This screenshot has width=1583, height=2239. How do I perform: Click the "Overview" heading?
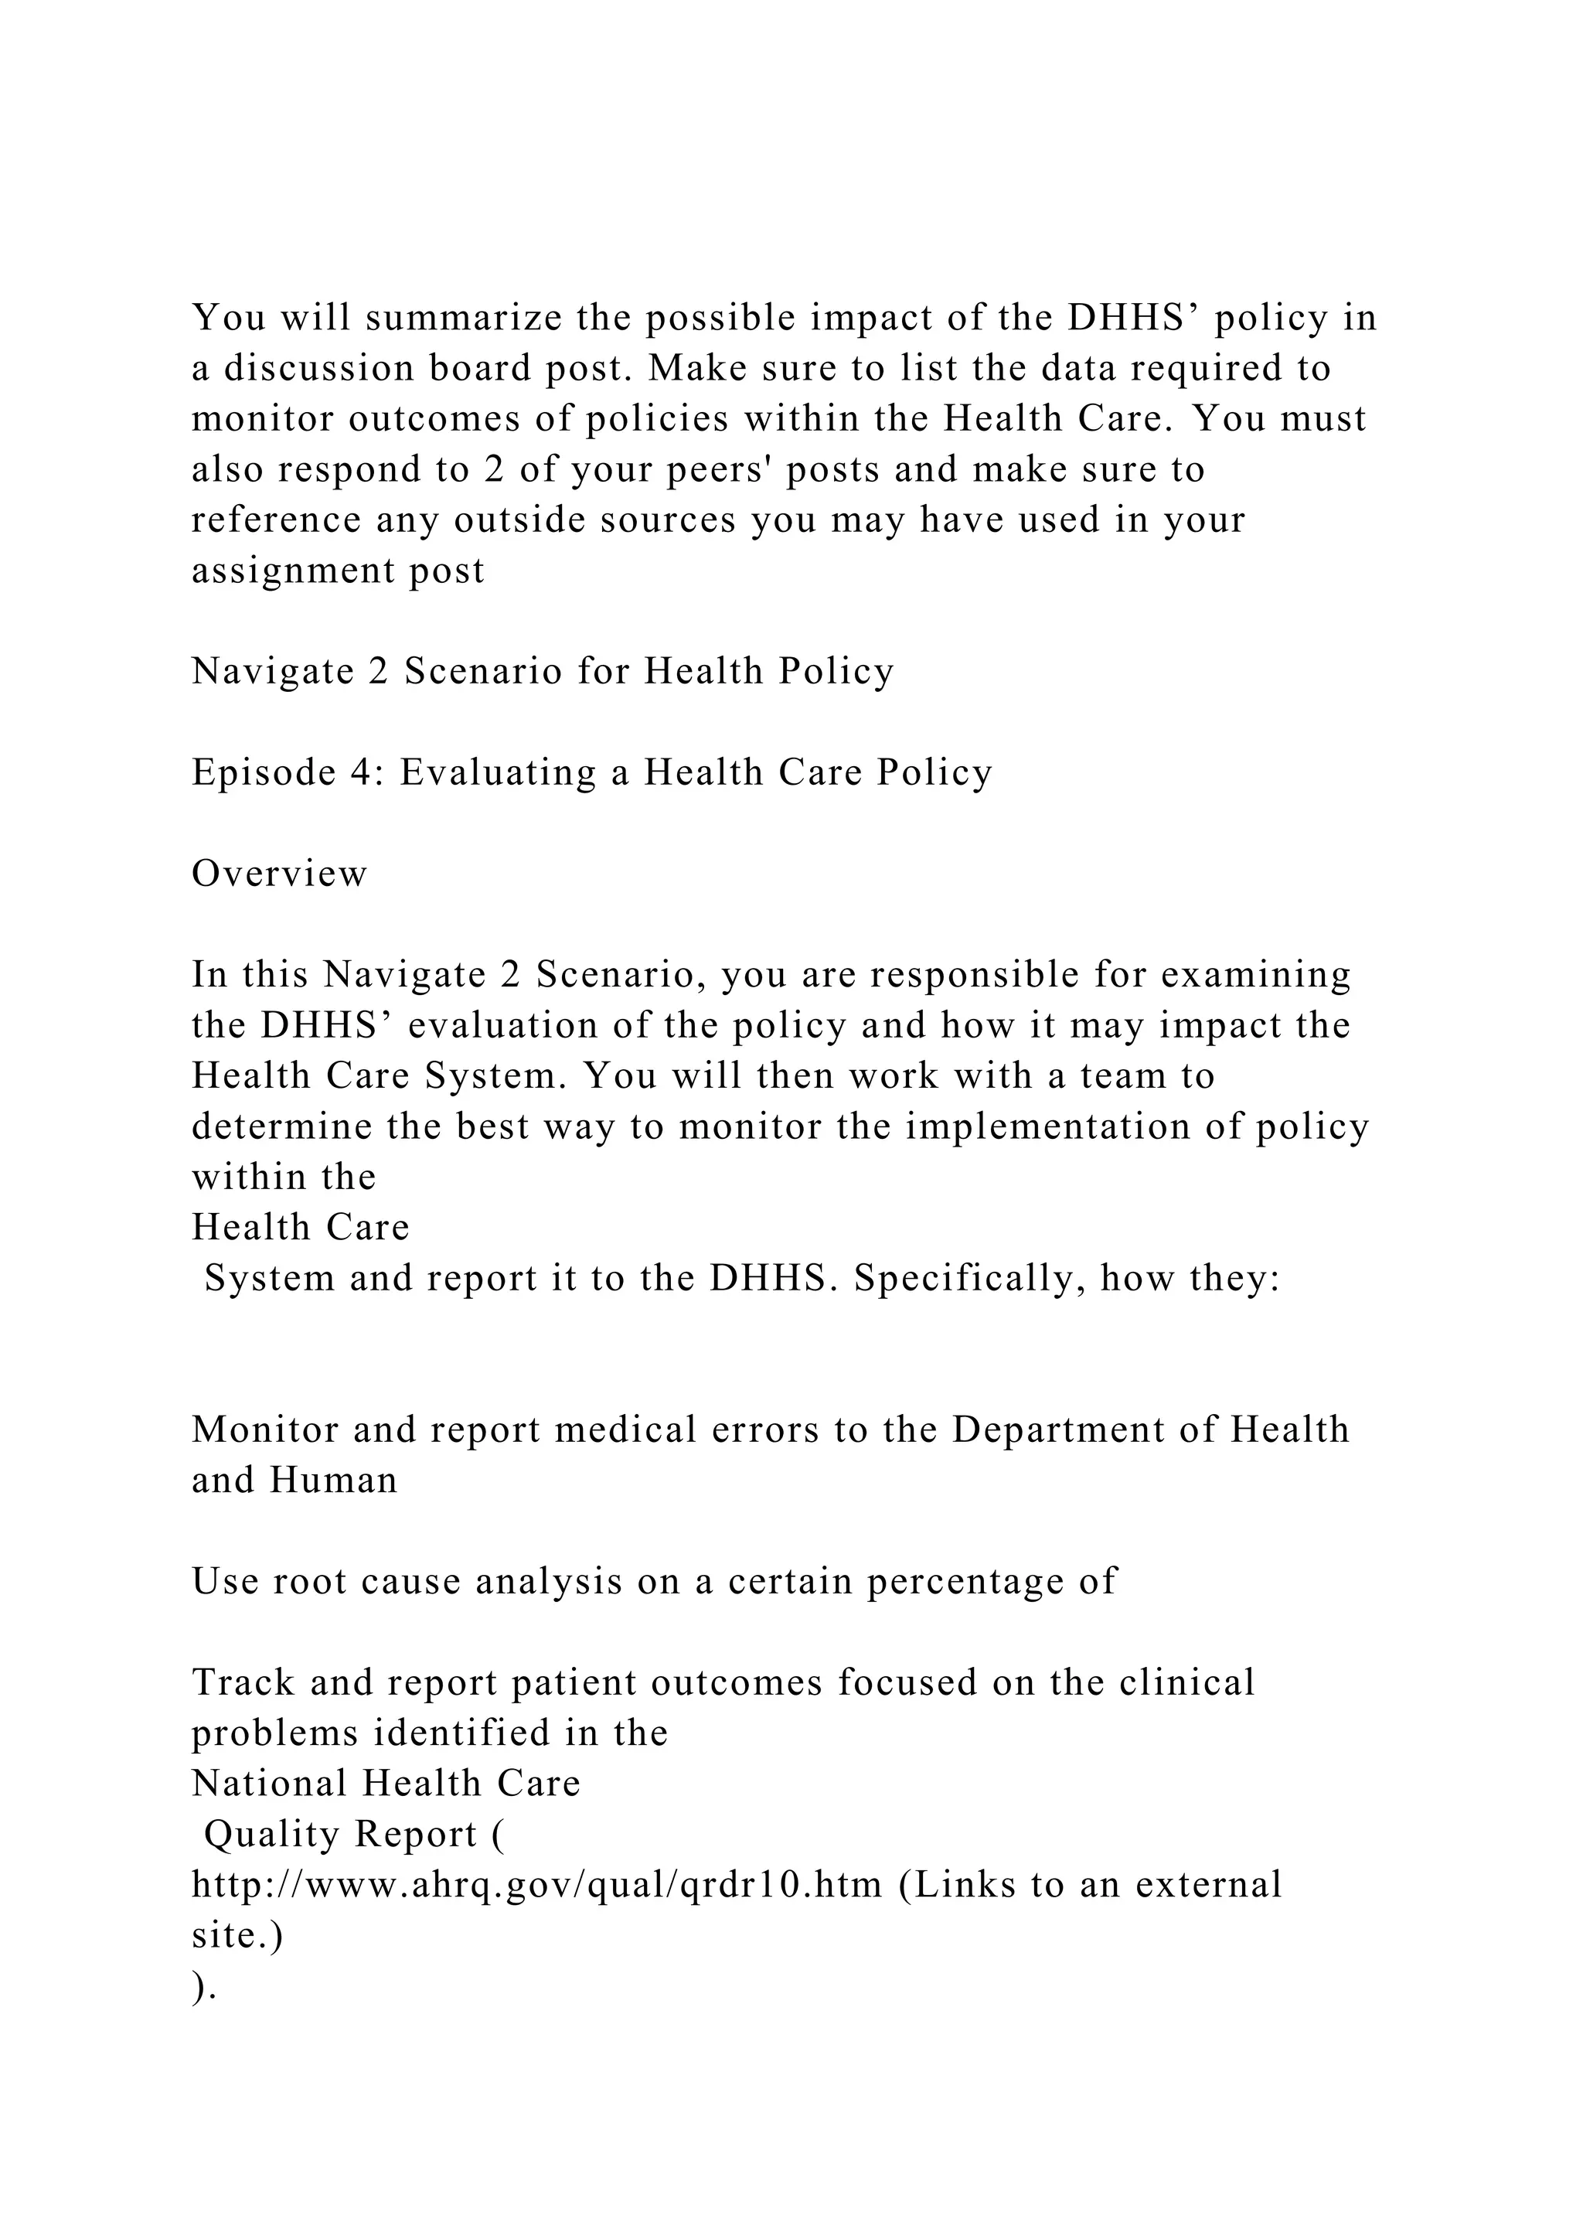point(280,874)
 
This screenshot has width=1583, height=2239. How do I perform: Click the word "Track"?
point(243,1683)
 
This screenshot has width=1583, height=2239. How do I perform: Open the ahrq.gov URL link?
point(536,1885)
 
